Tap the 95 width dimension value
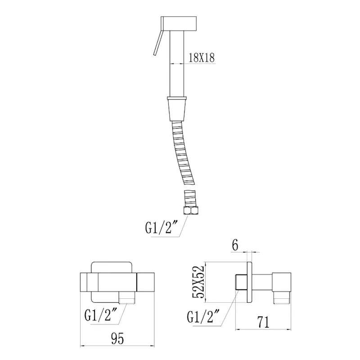point(117,338)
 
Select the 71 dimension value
point(263,322)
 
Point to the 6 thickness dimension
point(235,245)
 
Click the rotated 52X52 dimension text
point(198,282)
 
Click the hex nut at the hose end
point(190,210)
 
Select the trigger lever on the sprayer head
point(158,43)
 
